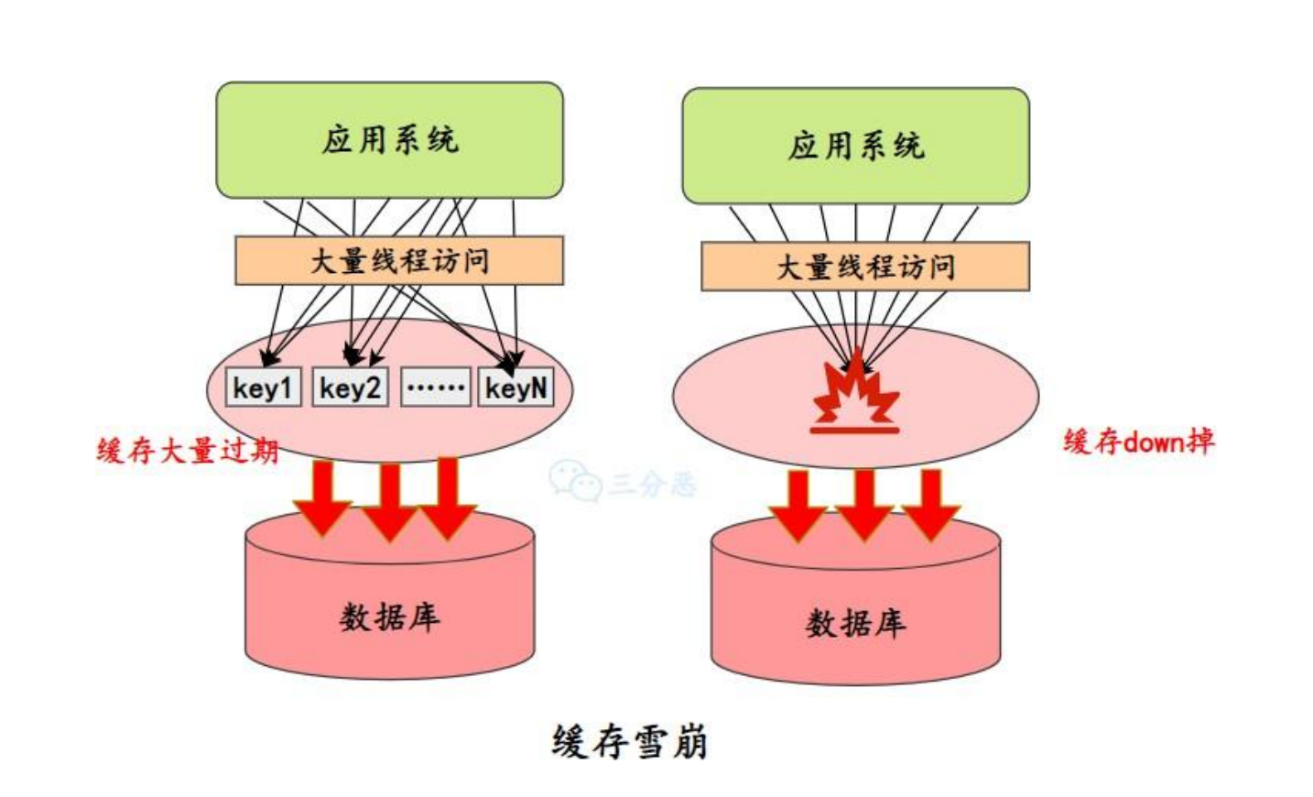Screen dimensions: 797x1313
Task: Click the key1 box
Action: (x=263, y=388)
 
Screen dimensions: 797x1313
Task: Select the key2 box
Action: (x=350, y=388)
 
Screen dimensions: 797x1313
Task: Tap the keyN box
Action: (x=516, y=388)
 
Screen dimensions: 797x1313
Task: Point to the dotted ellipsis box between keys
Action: (x=436, y=388)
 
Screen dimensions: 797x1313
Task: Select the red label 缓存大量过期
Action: (x=188, y=451)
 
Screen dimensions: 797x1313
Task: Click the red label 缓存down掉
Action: (x=1138, y=442)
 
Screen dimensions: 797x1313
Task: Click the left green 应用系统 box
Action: (x=389, y=140)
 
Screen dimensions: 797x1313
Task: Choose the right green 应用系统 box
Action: (x=855, y=146)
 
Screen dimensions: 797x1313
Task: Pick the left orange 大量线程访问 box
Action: (x=399, y=261)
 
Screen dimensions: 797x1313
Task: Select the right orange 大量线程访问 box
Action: (x=865, y=267)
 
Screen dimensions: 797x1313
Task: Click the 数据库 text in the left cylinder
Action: (x=389, y=617)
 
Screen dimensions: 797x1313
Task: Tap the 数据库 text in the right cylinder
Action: (x=855, y=624)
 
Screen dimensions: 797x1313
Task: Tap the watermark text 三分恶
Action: (x=653, y=483)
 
